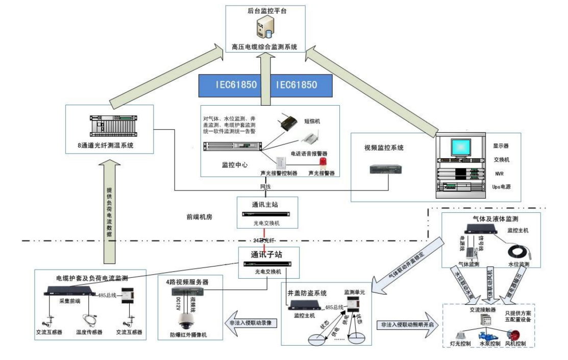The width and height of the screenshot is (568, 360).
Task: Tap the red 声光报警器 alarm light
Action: click(322, 162)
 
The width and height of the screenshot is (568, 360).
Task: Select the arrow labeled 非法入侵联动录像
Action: click(251, 323)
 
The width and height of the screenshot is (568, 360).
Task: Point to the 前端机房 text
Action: click(199, 217)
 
